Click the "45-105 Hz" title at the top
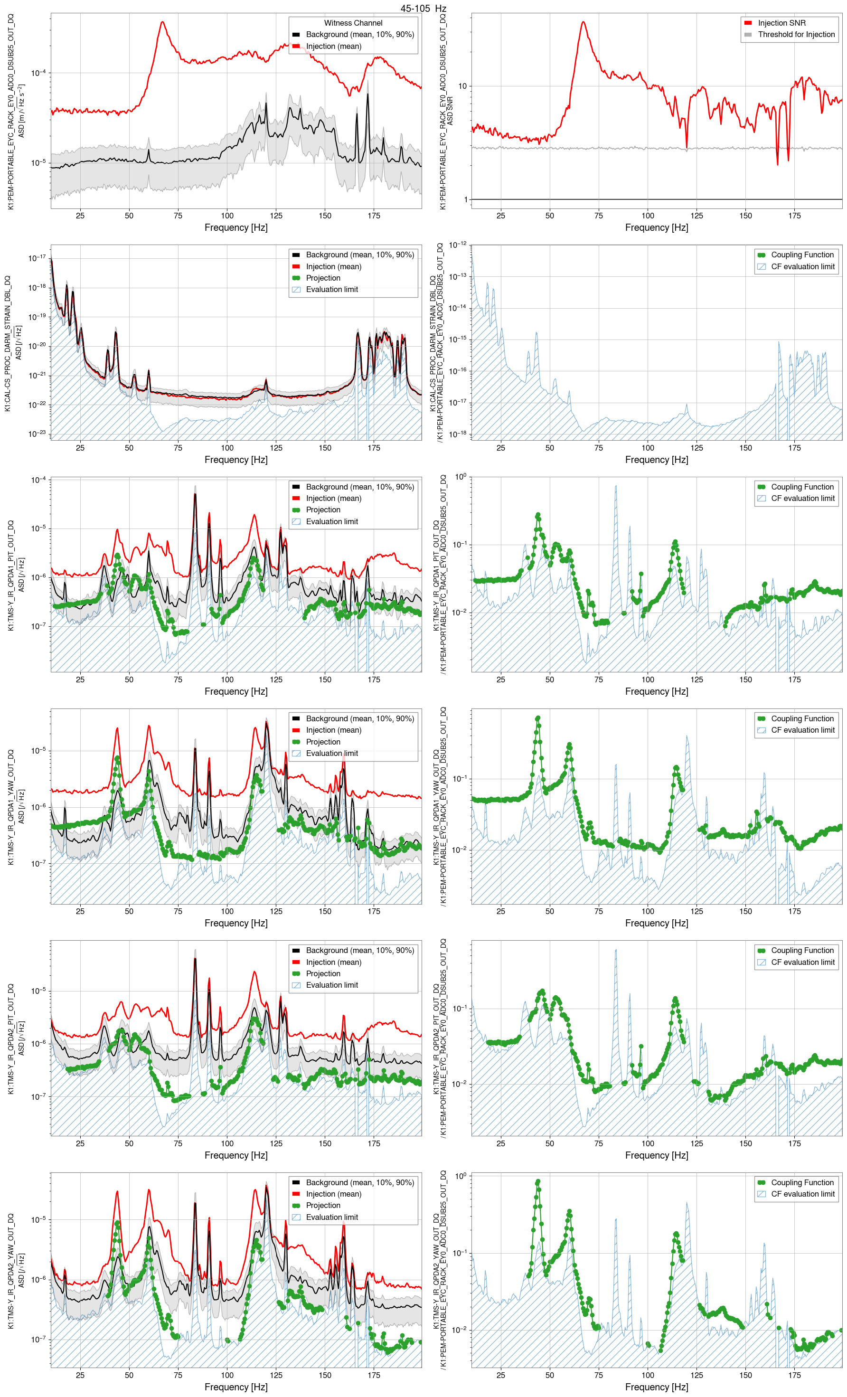[x=423, y=9]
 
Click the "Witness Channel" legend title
[x=353, y=23]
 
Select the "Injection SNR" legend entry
[x=781, y=23]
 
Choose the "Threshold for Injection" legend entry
[x=796, y=35]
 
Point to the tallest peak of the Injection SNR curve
[x=583, y=23]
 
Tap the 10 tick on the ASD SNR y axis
[x=462, y=86]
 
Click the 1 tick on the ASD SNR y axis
[x=465, y=199]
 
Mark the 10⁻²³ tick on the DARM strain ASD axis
[x=38, y=434]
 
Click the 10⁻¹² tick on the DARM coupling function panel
[x=458, y=245]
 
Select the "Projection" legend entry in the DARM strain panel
[x=322, y=278]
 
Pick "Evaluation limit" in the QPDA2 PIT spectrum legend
[x=332, y=985]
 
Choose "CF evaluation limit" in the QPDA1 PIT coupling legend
[x=802, y=499]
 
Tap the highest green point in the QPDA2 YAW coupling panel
[x=537, y=1181]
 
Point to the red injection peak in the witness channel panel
[x=163, y=23]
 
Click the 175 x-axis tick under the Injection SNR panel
[x=794, y=216]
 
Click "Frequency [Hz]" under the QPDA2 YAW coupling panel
[x=656, y=1387]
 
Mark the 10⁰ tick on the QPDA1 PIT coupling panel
[x=461, y=477]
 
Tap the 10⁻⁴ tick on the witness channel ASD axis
[x=38, y=73]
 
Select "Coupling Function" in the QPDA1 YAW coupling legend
[x=801, y=718]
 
